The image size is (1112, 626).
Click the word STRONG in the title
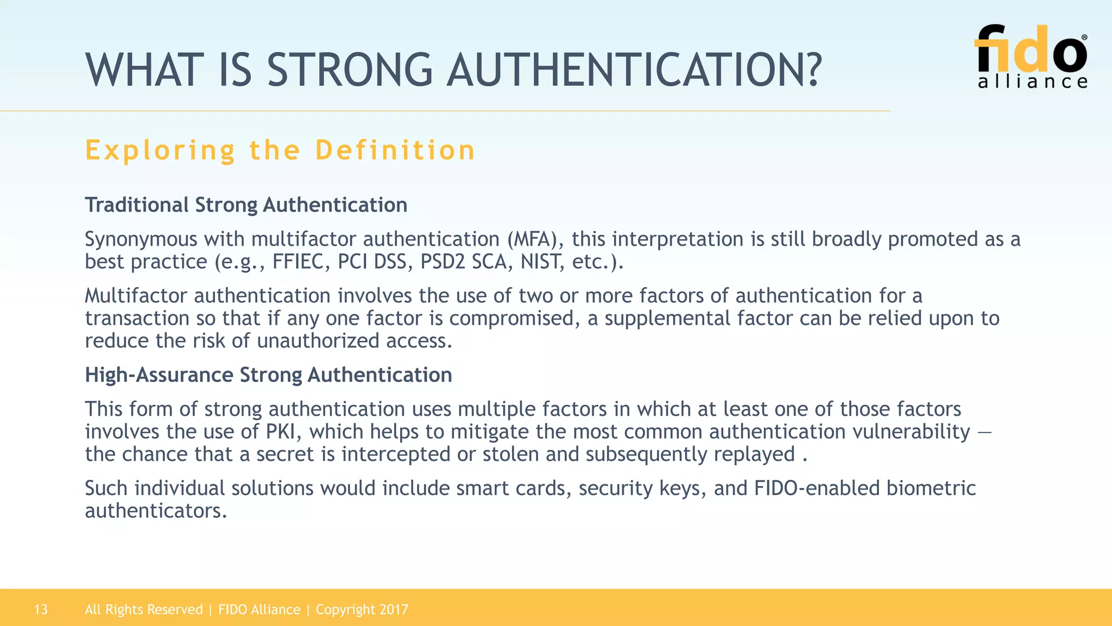pyautogui.click(x=350, y=71)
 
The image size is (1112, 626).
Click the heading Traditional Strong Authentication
pyautogui.click(x=246, y=205)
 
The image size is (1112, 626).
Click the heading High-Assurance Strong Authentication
pyautogui.click(x=268, y=375)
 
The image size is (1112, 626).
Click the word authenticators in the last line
pyautogui.click(x=155, y=511)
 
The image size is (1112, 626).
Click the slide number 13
pyautogui.click(x=41, y=610)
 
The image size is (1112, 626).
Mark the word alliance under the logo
pyautogui.click(x=1033, y=82)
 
